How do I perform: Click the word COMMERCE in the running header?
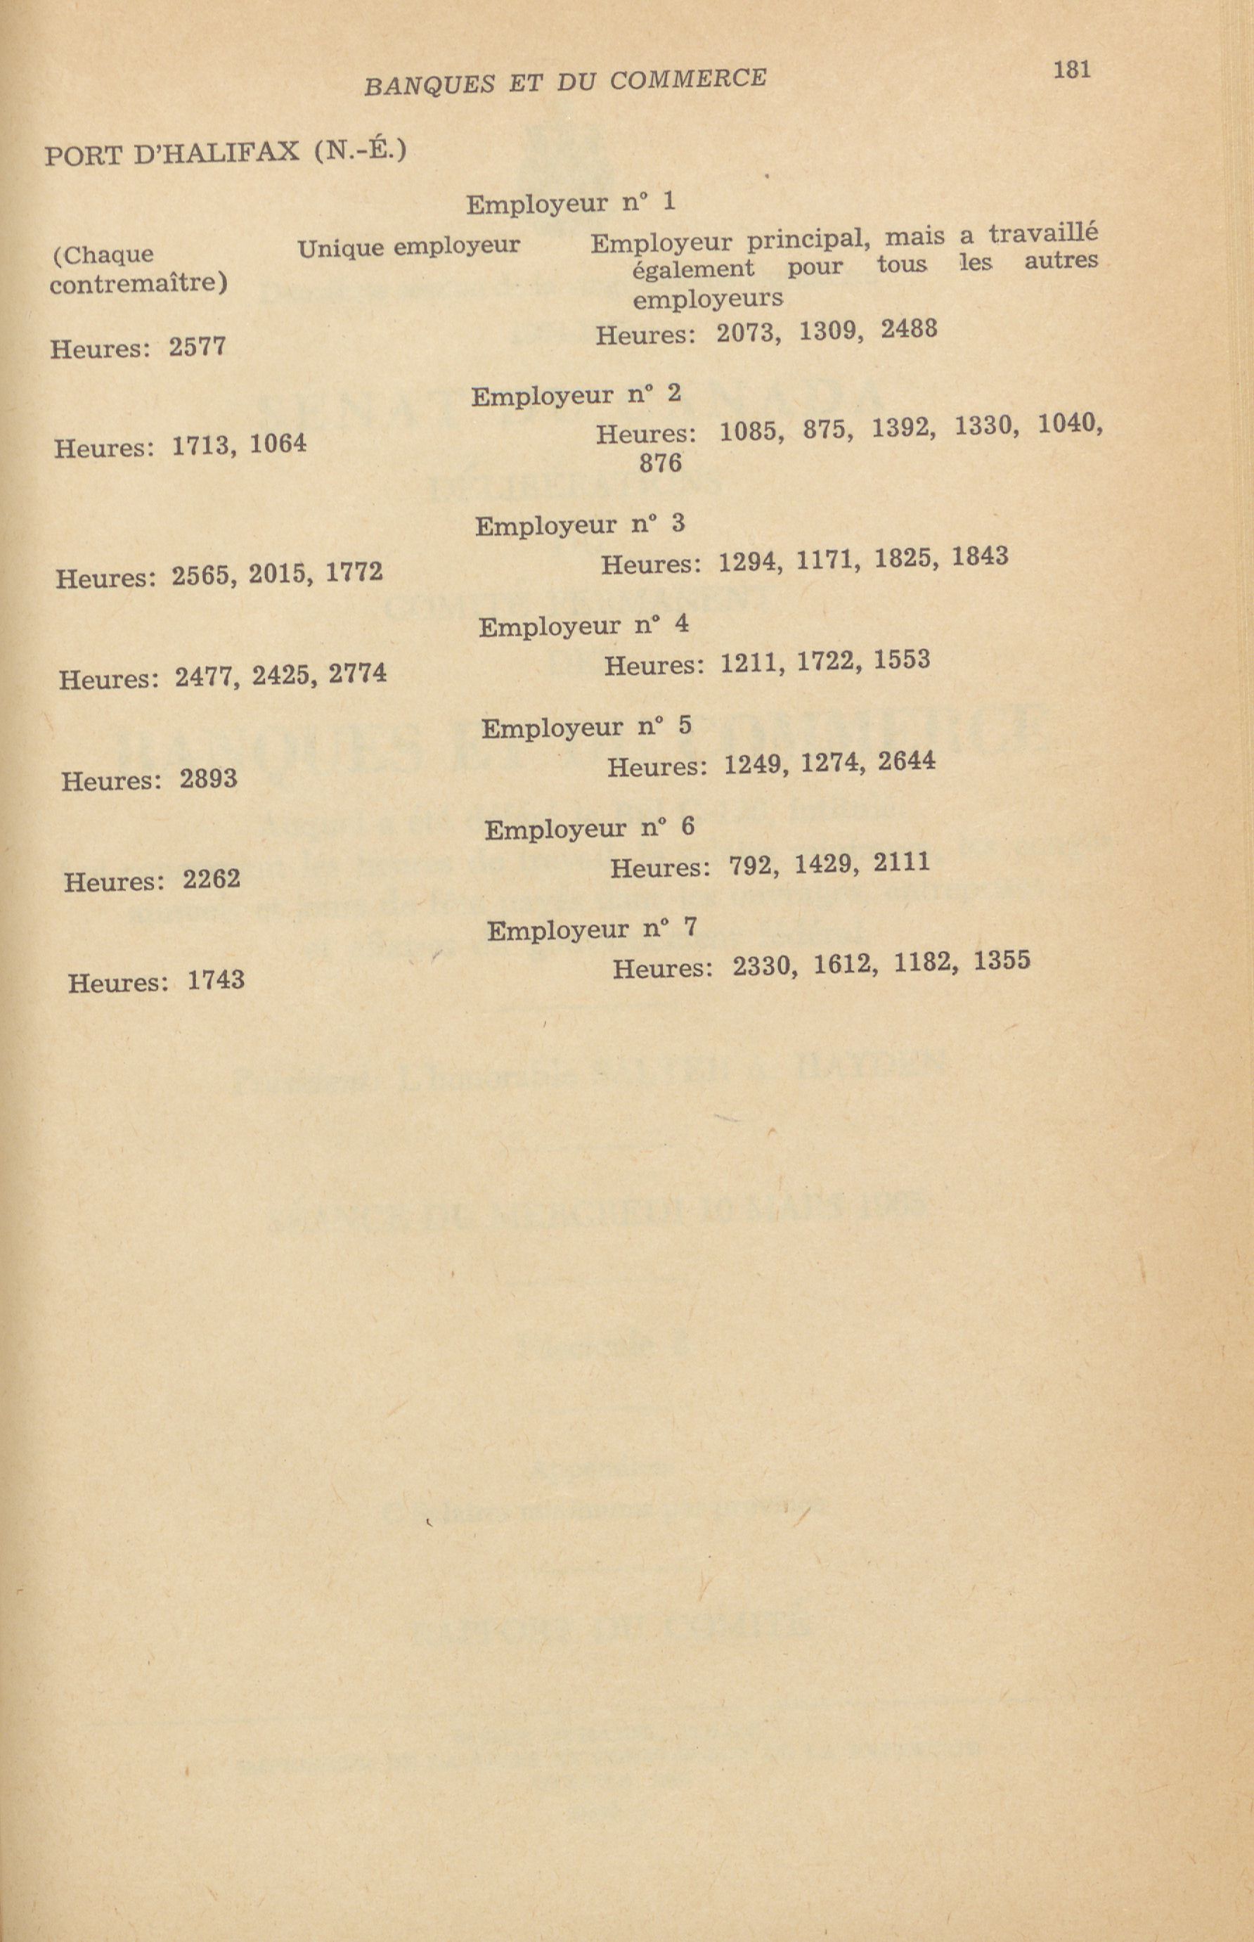tap(687, 79)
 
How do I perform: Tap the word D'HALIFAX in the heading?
tap(217, 153)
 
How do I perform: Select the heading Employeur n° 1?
tap(570, 202)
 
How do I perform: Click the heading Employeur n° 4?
tap(583, 626)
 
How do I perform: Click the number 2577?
tap(197, 347)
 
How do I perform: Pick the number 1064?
tap(278, 444)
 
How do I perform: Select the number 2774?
tap(358, 674)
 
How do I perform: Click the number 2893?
tap(209, 779)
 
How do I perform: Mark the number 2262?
tap(211, 880)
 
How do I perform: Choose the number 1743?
tap(216, 979)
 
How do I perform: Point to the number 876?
tap(659, 463)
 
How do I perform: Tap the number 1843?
tap(980, 557)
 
